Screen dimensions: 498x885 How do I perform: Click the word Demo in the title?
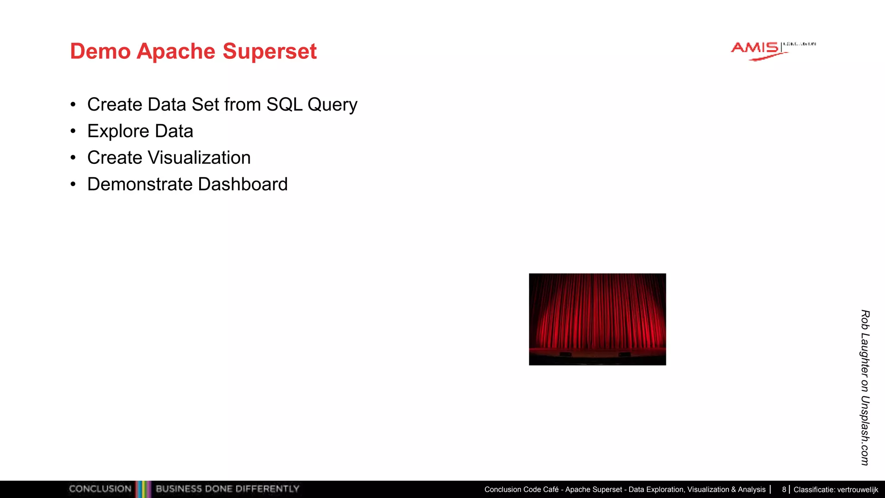pos(100,51)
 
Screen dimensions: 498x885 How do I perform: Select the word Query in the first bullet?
pos(332,105)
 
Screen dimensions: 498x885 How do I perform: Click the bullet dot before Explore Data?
pos(73,131)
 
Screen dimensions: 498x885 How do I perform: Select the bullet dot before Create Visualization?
pos(73,158)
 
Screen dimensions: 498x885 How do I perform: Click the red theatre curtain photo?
pos(597,319)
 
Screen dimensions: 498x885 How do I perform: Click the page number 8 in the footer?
pos(783,490)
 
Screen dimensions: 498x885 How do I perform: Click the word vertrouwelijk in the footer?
pos(857,490)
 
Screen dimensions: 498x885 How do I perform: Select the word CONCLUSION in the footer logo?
pos(100,489)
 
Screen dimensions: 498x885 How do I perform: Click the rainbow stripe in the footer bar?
pos(143,489)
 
